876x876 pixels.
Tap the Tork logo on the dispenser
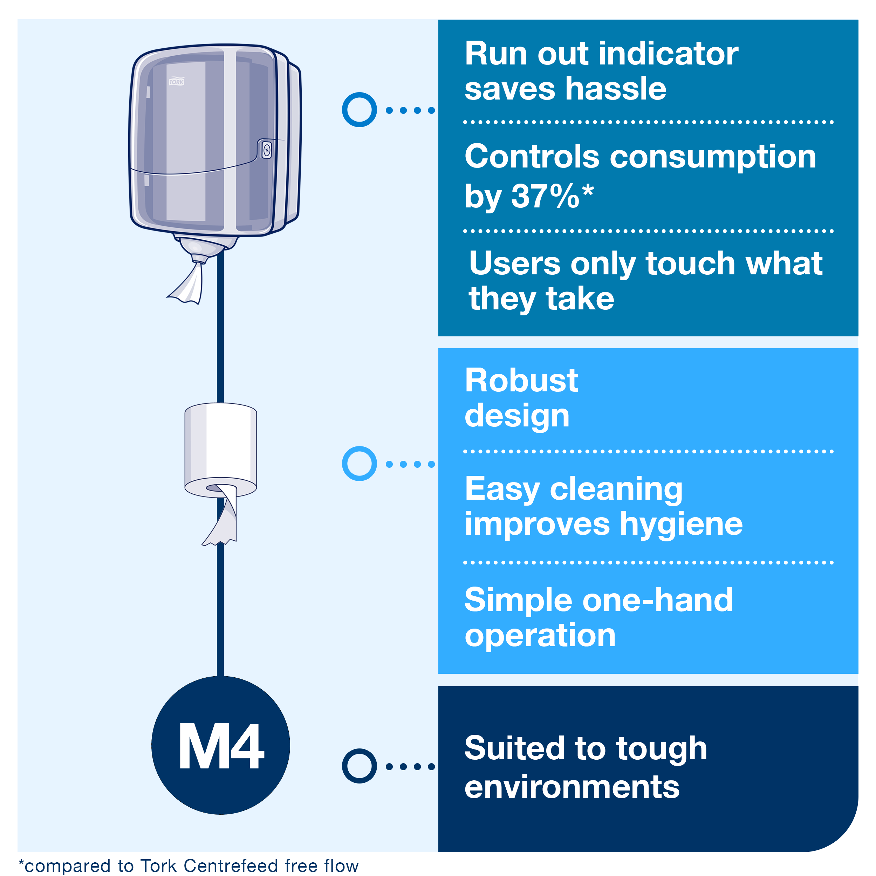(x=176, y=82)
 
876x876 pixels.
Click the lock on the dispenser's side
(x=267, y=150)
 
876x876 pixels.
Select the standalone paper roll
(x=220, y=447)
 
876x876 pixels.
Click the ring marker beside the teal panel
(x=359, y=110)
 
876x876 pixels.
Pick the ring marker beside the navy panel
(x=359, y=766)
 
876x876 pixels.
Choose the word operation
(x=540, y=636)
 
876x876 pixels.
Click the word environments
(x=572, y=787)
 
